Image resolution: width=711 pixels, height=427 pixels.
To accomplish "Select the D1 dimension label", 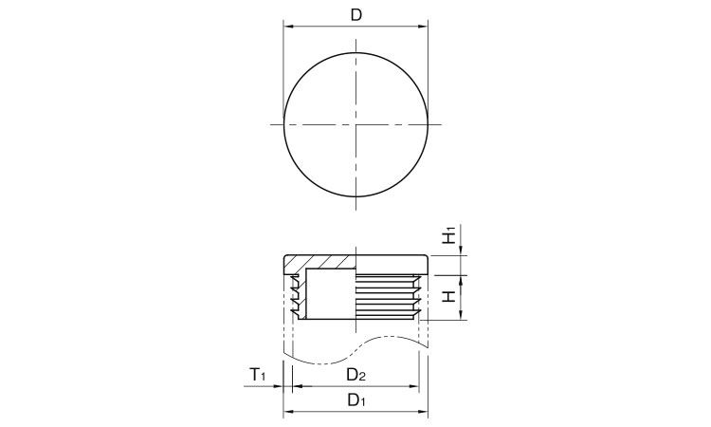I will (356, 399).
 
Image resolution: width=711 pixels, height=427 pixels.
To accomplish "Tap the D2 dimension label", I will (356, 374).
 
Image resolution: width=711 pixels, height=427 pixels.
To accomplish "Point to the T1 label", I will (258, 375).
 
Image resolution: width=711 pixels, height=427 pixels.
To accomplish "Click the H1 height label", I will (451, 234).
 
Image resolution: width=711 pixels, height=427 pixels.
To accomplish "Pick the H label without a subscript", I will (451, 296).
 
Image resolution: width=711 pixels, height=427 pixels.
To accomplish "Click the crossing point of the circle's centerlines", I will (355, 125).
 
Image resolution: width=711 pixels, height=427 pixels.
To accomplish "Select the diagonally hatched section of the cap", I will (320, 261).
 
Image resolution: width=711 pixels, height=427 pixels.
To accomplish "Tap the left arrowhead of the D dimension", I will (288, 27).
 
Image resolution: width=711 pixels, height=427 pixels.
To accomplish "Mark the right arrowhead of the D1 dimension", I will (423, 412).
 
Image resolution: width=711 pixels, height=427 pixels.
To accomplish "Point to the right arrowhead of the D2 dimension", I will (414, 386).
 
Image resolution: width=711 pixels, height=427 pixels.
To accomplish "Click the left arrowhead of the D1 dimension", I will (288, 412).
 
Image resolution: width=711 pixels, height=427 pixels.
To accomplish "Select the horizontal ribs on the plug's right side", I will (387, 294).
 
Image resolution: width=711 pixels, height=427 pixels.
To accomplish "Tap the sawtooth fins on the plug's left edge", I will (297, 294).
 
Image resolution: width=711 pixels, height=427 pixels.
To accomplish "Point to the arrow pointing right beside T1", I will (279, 386).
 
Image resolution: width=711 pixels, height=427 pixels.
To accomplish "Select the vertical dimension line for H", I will (462, 296).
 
